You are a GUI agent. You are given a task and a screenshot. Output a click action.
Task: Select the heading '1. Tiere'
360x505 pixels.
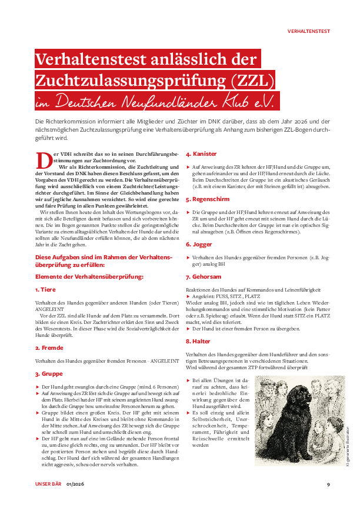click(45, 289)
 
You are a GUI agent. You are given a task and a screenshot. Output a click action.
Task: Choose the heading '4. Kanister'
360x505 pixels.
click(201, 154)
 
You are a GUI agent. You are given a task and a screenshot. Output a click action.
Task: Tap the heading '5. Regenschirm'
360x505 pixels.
click(208, 199)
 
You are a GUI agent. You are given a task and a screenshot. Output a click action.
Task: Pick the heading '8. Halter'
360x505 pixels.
click(198, 341)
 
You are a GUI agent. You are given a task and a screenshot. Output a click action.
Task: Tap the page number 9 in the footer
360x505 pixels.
click(328, 484)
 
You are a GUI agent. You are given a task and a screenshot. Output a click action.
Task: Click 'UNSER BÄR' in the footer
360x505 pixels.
click(48, 484)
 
